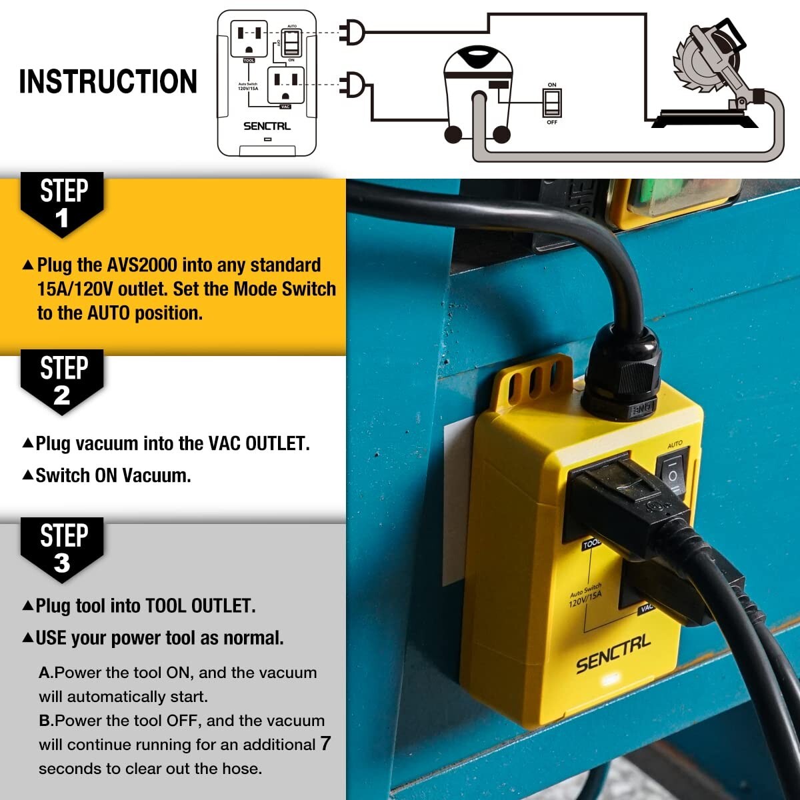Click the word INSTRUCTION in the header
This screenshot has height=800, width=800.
pos(108,81)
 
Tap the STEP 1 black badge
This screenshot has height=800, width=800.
pos(63,203)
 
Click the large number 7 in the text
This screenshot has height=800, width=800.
pos(325,743)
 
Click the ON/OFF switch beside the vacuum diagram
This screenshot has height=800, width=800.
pos(552,103)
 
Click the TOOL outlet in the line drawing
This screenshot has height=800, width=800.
pos(249,39)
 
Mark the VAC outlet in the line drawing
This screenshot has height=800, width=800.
pos(285,84)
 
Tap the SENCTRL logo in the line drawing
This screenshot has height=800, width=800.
pos(267,126)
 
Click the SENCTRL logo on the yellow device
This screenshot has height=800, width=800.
pos(613,654)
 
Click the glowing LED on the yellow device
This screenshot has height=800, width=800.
pos(609,681)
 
